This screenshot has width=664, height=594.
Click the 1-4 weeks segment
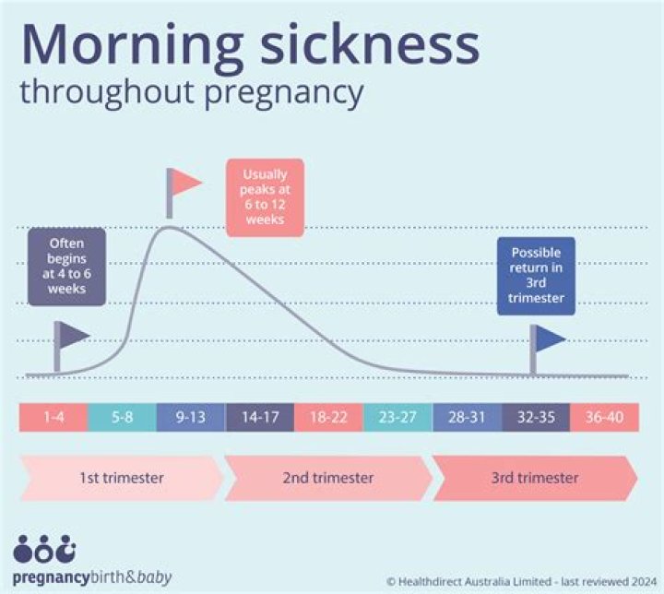[53, 417]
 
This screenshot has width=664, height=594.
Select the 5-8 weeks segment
[122, 417]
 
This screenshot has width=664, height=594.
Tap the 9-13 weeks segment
[191, 417]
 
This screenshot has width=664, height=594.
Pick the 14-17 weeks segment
[259, 417]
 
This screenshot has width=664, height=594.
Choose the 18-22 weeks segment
[328, 417]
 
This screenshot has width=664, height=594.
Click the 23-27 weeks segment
[397, 417]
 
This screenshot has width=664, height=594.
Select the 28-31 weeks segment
[467, 417]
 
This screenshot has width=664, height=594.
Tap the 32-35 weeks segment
[535, 417]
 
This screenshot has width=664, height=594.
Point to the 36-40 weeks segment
[604, 417]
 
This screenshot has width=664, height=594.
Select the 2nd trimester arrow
[327, 478]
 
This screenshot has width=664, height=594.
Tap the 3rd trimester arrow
[535, 478]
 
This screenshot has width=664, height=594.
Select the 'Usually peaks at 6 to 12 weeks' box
[264, 197]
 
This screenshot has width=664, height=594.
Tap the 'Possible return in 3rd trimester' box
[536, 275]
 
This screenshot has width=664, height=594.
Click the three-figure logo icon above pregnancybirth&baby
[44, 551]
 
